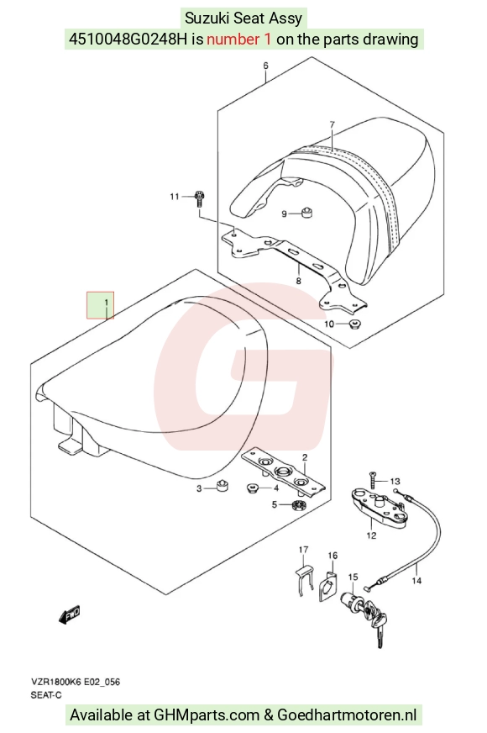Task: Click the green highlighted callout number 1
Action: (106, 303)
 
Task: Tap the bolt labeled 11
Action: (199, 198)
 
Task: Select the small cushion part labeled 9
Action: (306, 214)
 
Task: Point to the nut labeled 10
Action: (355, 323)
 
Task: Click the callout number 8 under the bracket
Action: (298, 281)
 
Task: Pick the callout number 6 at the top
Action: (265, 66)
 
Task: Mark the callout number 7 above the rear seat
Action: (332, 124)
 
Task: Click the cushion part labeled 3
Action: (223, 486)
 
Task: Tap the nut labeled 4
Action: (253, 488)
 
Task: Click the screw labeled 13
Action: (372, 481)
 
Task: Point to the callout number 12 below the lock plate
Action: (371, 535)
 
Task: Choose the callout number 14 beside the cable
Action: (416, 580)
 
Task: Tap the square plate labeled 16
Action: (328, 585)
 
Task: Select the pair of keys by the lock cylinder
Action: (377, 622)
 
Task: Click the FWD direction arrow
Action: (69, 614)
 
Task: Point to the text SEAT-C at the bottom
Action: (46, 694)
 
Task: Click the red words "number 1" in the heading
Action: (238, 39)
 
